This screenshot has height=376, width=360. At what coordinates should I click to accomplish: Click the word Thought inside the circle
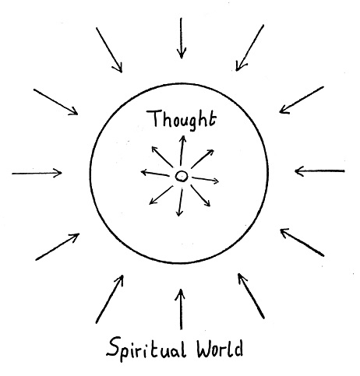point(182,120)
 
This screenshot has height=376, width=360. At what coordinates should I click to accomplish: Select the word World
point(220,349)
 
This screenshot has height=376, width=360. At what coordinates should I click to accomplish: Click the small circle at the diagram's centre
point(182,176)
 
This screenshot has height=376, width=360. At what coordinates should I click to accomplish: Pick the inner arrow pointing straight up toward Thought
point(182,150)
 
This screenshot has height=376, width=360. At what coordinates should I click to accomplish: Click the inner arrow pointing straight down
point(180,202)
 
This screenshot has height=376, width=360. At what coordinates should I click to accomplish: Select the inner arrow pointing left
point(155,173)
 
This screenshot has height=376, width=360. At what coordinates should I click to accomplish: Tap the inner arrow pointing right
point(206,180)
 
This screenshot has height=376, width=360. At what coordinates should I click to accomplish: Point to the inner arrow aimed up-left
point(162,156)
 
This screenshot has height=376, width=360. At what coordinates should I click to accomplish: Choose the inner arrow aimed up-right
point(203,159)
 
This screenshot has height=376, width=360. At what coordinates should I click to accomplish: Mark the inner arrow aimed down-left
point(161,195)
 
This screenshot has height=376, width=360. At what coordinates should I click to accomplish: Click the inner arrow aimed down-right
point(200,195)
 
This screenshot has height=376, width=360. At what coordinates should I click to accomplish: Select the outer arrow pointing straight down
point(182,38)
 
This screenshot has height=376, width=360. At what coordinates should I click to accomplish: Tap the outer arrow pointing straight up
point(181,309)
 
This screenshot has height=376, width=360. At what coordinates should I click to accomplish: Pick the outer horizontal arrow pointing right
point(37,173)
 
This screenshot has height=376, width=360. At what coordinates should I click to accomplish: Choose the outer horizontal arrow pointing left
point(319,171)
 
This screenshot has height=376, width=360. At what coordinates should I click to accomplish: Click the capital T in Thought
point(154,119)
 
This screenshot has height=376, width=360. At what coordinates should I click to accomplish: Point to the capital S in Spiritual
point(115,346)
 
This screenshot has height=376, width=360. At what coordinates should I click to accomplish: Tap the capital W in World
point(206,349)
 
